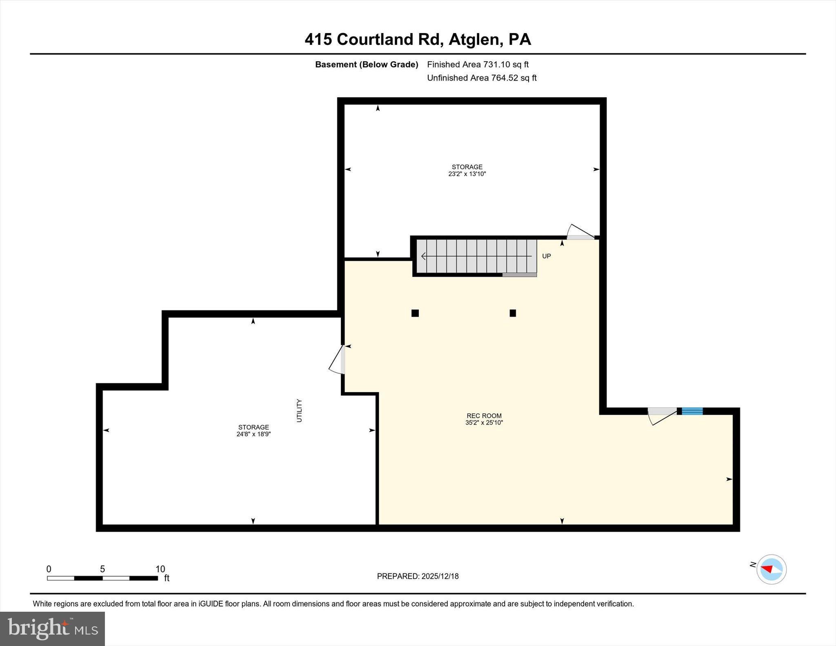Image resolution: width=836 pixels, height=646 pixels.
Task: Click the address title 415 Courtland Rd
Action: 418,40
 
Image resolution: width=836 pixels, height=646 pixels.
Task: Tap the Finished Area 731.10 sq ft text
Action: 478,64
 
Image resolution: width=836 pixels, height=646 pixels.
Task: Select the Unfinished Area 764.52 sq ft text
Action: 482,78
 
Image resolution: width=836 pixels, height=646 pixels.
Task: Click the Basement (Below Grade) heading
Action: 367,64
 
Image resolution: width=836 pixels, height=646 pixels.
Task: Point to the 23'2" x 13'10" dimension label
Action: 467,174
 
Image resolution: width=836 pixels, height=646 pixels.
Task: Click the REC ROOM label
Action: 484,416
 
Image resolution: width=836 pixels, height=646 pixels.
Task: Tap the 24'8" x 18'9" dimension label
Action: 253,434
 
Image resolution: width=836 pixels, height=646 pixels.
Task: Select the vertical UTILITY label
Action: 299,411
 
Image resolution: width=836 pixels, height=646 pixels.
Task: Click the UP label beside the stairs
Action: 546,256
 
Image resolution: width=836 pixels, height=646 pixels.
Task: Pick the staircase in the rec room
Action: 476,256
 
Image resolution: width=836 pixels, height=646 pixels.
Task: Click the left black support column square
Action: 415,313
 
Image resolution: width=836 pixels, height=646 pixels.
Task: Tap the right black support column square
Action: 513,313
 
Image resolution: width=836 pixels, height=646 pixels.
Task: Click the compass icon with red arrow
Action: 771,569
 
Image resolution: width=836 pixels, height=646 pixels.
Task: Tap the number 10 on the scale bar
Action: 160,569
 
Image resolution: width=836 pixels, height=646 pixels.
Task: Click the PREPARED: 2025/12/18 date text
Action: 418,576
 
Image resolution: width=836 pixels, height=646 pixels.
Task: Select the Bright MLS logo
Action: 53,628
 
